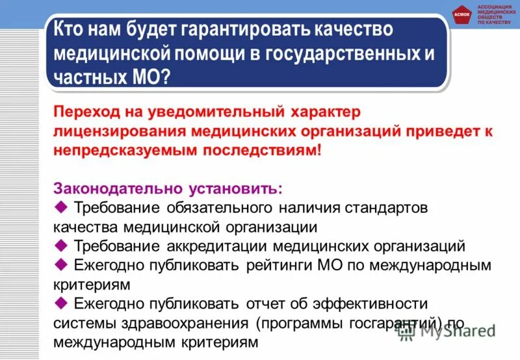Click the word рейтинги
(283, 265)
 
